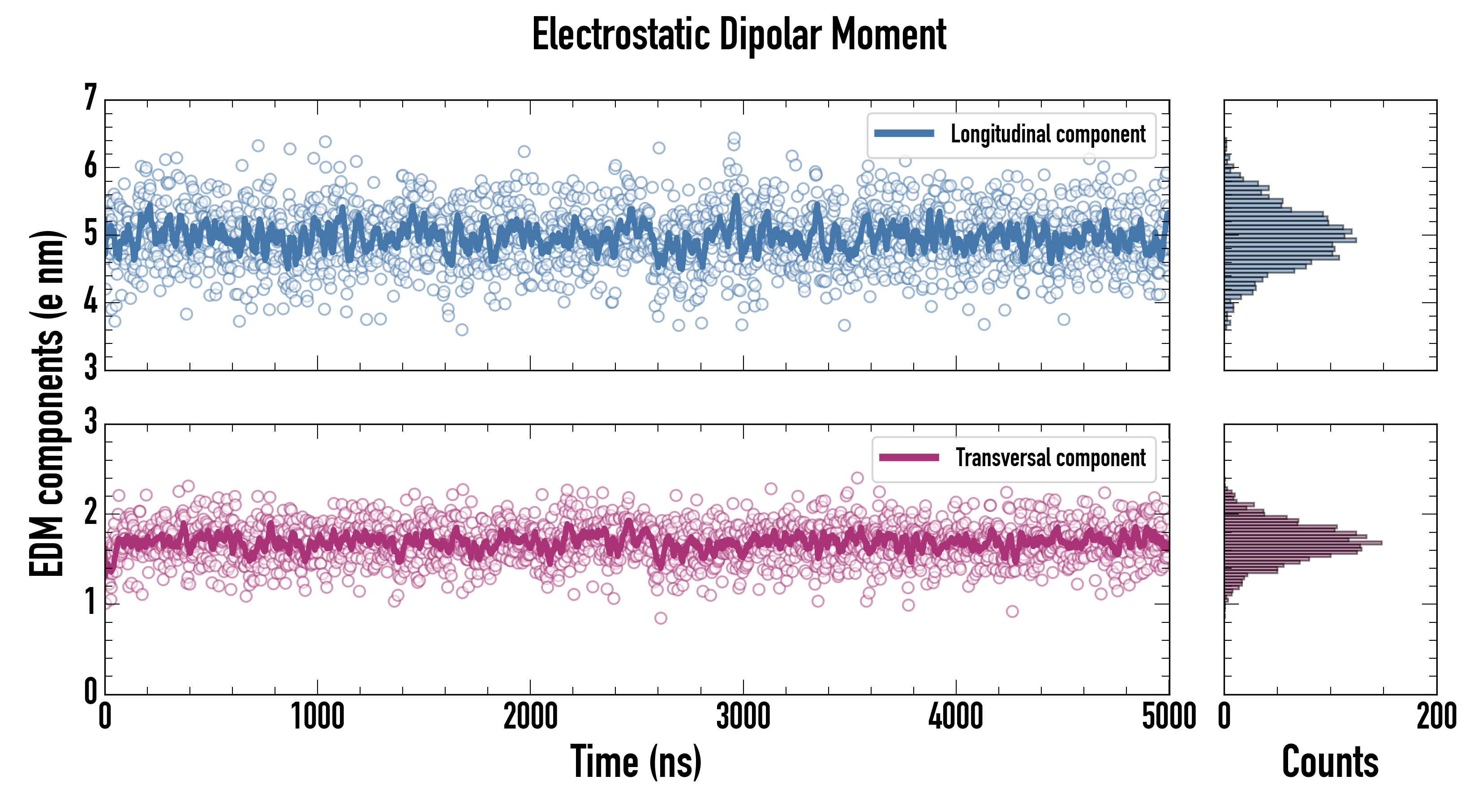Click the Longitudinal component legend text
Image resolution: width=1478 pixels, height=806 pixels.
(x=1048, y=134)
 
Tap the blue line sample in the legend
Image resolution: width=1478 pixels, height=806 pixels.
(x=904, y=134)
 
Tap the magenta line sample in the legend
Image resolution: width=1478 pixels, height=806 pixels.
(x=909, y=458)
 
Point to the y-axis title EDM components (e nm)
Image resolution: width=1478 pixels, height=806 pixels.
(x=47, y=404)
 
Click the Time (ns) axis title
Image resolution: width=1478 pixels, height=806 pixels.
(x=636, y=761)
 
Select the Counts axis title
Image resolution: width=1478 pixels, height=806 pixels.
(x=1330, y=761)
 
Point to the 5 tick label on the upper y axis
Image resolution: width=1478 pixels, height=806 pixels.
(x=90, y=233)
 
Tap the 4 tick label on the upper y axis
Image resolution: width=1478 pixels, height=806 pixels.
(x=90, y=300)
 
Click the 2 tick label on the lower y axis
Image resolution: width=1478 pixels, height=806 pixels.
(x=90, y=512)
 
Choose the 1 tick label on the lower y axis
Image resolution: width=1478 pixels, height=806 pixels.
(x=90, y=602)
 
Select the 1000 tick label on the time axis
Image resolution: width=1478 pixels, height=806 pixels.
(x=317, y=716)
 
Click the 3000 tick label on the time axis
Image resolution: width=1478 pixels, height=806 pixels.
(x=743, y=716)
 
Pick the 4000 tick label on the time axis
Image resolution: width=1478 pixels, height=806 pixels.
(x=956, y=716)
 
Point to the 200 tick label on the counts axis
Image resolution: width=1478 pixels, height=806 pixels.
(x=1436, y=716)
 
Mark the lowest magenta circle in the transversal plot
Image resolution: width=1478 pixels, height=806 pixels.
(x=660, y=618)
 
